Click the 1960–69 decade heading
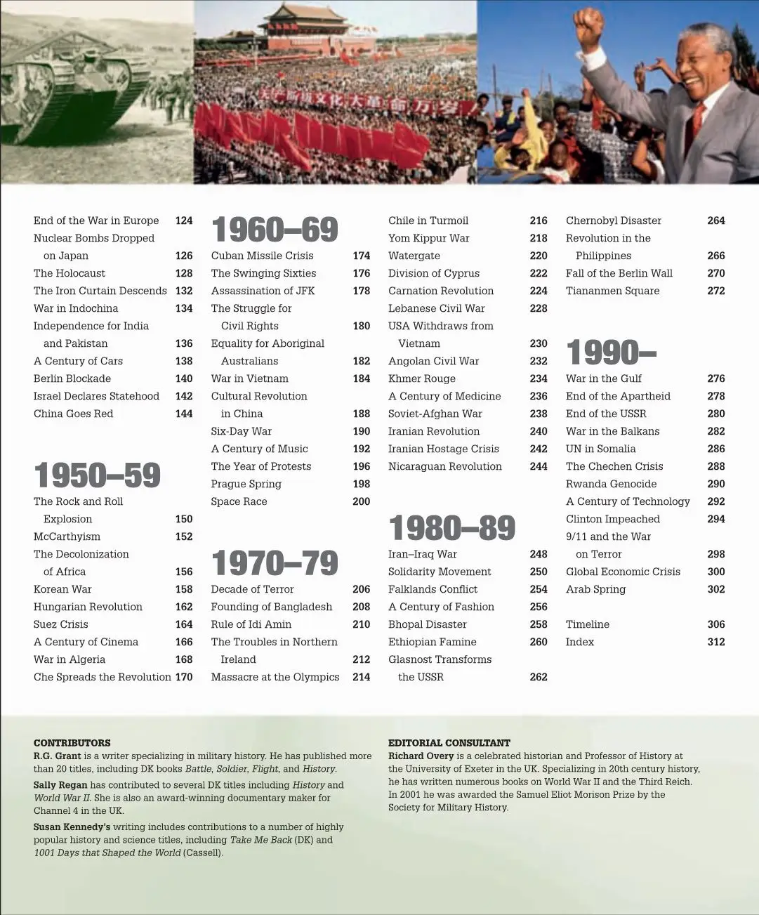[275, 230]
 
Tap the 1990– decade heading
[611, 353]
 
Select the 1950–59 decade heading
[98, 475]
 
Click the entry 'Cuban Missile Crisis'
[262, 256]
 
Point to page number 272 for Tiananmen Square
[715, 291]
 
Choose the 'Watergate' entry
[414, 256]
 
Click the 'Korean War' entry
[62, 589]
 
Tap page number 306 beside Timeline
[715, 624]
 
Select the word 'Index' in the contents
[579, 642]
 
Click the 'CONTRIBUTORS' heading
[72, 742]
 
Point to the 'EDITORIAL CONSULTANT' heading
[449, 742]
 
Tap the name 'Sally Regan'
[60, 785]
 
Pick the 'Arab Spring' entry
[595, 589]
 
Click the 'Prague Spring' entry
[246, 484]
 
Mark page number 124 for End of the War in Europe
[184, 220]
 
